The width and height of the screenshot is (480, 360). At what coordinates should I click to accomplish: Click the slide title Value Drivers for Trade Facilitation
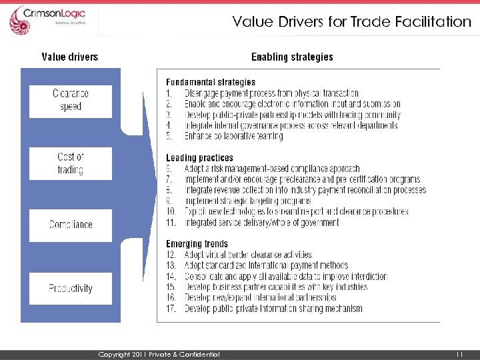(351, 21)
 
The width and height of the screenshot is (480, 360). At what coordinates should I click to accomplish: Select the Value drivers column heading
(69, 57)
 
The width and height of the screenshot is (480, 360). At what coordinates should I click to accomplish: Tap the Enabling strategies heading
(292, 57)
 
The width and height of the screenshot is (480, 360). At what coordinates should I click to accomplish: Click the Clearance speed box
(71, 100)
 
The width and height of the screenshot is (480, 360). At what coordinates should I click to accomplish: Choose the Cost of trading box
(71, 163)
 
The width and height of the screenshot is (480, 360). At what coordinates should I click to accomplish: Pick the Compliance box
(71, 225)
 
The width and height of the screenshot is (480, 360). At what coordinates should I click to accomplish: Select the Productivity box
(71, 289)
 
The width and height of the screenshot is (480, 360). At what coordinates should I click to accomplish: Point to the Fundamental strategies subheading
(210, 83)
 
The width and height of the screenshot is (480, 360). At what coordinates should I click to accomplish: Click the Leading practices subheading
(199, 158)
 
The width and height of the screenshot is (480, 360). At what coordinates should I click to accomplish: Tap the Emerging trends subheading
(197, 244)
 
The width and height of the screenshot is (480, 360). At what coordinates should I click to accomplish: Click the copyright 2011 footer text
(159, 354)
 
